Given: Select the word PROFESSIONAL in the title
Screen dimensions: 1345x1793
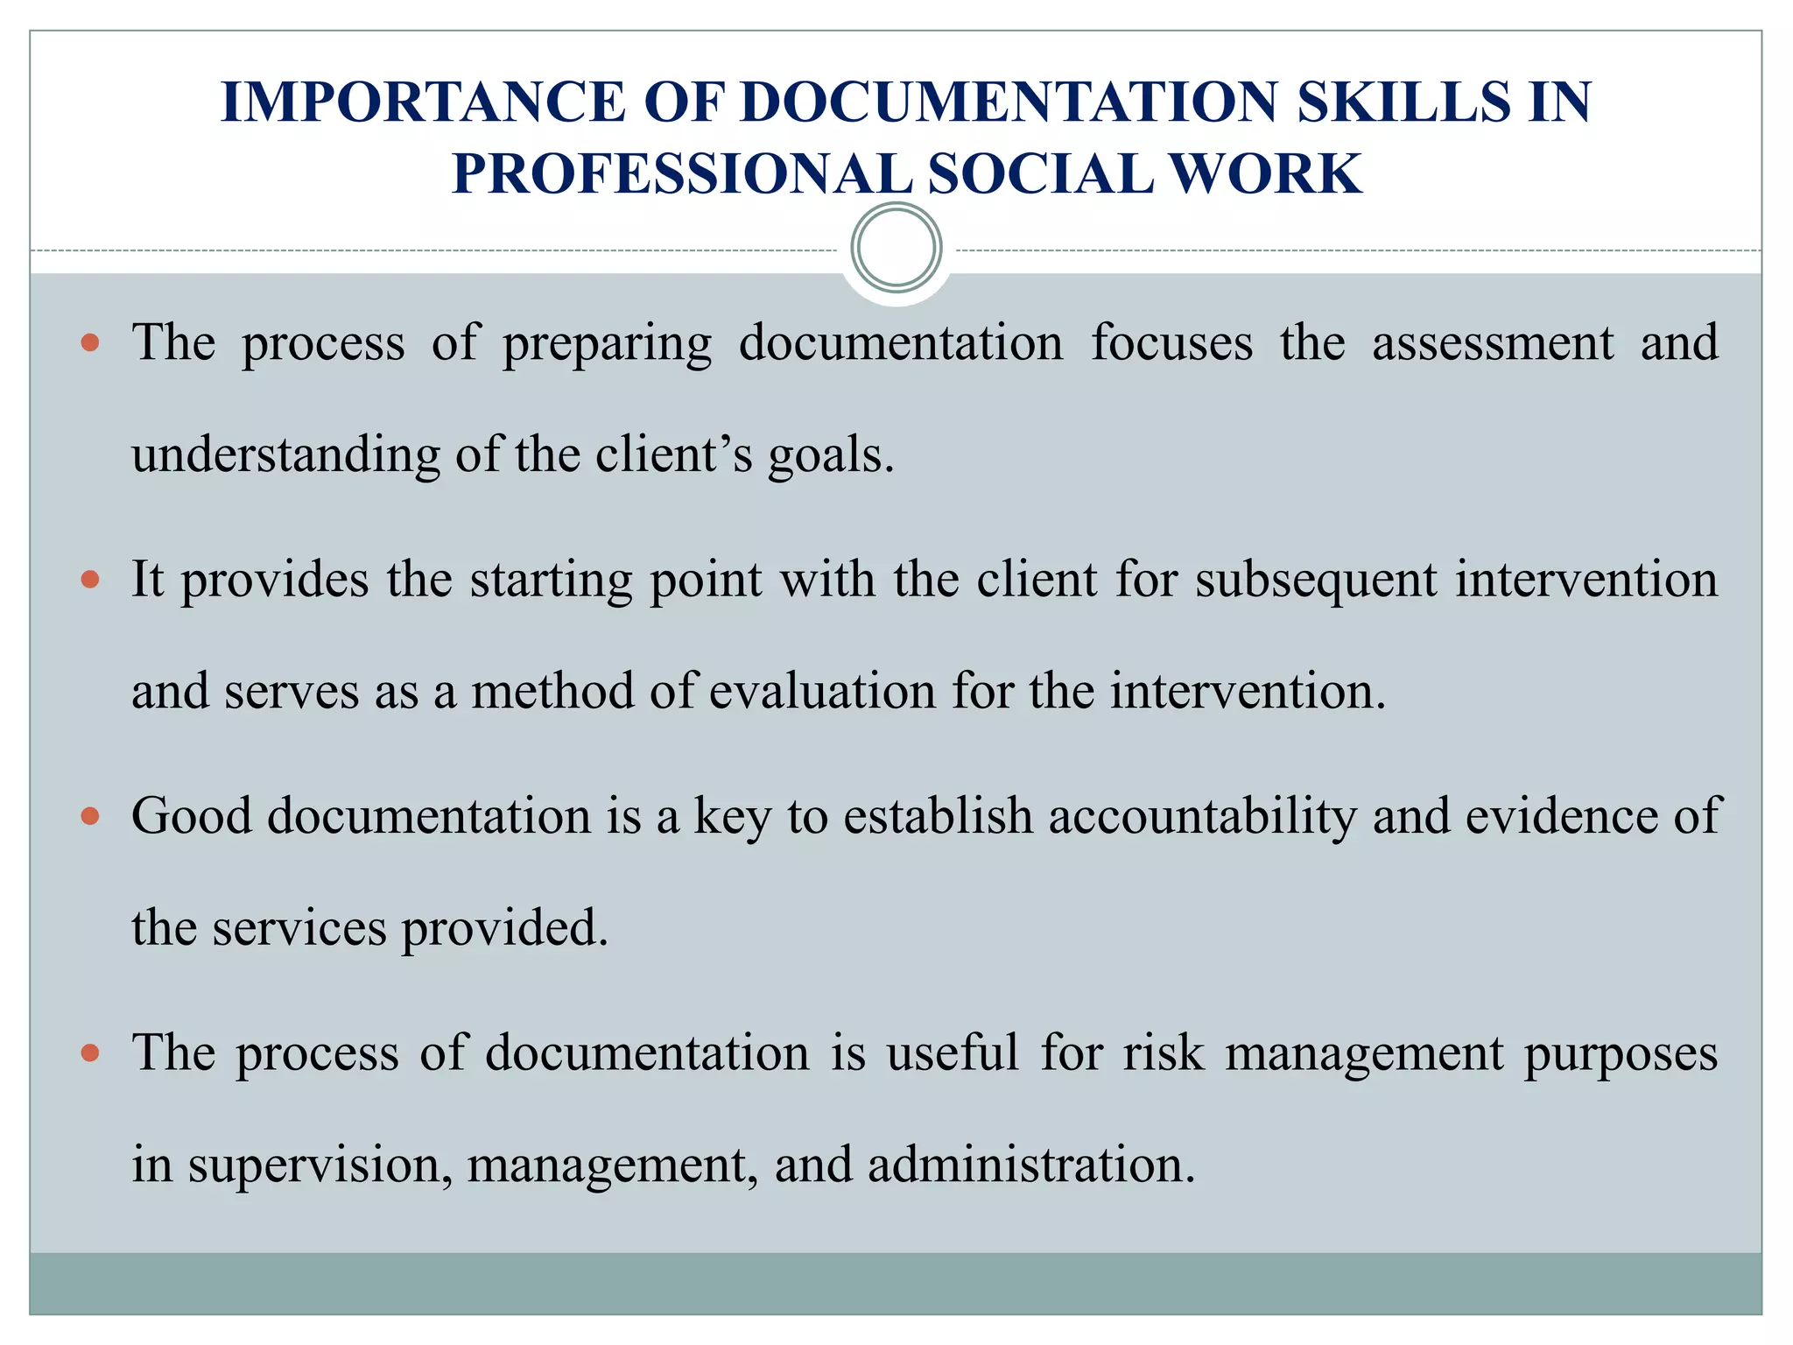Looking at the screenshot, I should tap(681, 173).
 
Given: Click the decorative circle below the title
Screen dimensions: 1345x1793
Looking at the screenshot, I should tap(896, 248).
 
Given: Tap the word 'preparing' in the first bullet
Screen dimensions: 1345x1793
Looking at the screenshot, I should tap(607, 343).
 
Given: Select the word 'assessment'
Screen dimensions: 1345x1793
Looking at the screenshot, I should tap(1492, 343).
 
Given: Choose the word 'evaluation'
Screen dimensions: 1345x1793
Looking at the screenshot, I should tap(822, 692).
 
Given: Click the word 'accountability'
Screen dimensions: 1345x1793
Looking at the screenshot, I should tap(1202, 816).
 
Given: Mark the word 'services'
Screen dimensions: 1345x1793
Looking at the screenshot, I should tap(299, 928).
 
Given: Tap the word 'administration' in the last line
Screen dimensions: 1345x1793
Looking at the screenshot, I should tap(1030, 1165).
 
